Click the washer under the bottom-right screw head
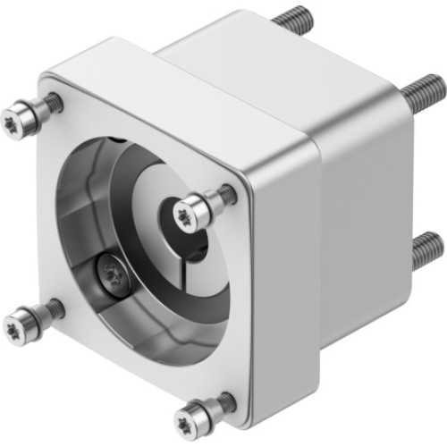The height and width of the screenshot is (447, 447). (x=215, y=407)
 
